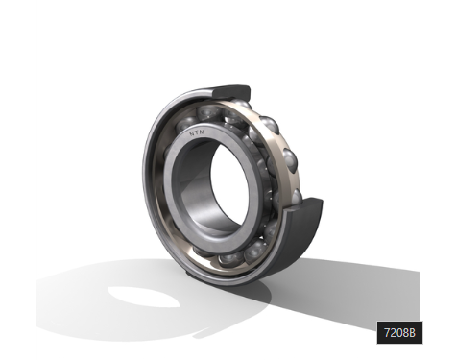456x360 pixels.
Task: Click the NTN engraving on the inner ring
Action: tap(197, 132)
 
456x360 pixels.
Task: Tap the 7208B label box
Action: tap(399, 333)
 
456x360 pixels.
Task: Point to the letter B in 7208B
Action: tap(412, 333)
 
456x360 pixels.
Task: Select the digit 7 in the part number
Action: tap(387, 333)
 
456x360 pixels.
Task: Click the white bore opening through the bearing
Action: tap(229, 184)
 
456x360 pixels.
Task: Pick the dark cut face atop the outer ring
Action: tap(231, 92)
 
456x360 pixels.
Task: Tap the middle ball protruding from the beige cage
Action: tap(290, 160)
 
